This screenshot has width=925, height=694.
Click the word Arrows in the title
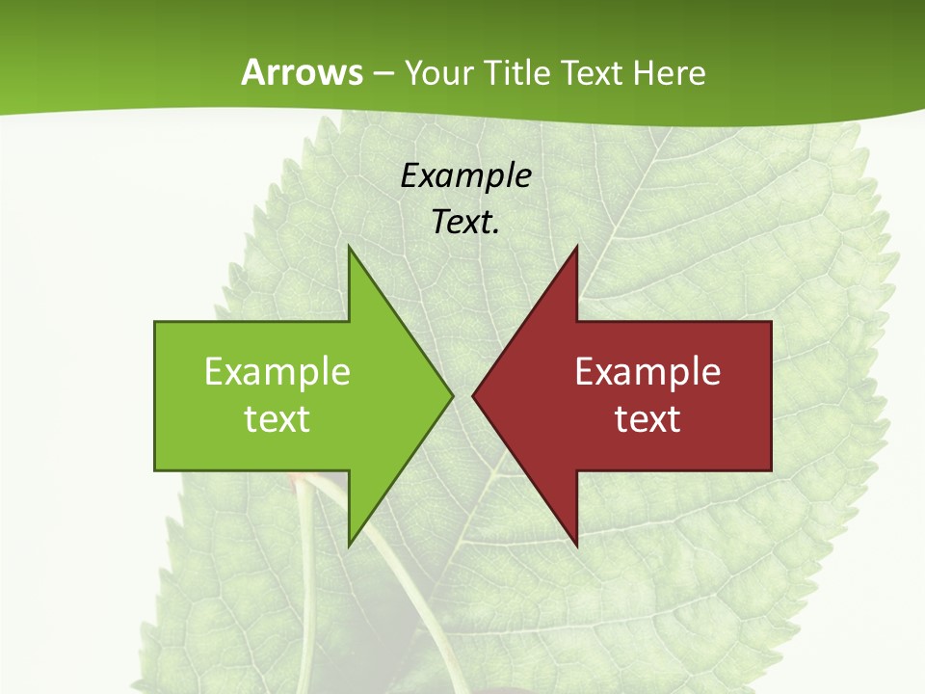(303, 72)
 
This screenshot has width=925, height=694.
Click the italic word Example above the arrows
(465, 176)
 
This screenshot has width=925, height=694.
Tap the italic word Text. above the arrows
(465, 223)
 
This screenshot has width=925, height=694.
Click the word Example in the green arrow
(277, 372)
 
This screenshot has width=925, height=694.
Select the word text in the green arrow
(277, 419)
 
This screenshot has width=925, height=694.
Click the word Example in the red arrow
(647, 372)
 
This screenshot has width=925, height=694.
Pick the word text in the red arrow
(647, 419)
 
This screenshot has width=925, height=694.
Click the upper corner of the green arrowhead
(350, 248)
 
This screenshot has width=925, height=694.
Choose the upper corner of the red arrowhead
(576, 248)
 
